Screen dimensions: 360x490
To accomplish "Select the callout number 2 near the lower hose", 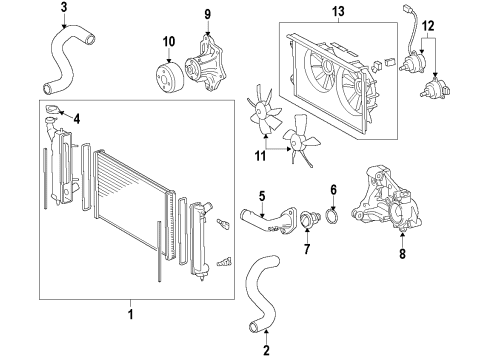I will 267,348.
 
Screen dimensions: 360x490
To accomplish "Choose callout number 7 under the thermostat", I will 307,247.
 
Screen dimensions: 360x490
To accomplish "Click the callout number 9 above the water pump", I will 208,14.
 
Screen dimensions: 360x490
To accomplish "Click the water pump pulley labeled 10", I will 164,73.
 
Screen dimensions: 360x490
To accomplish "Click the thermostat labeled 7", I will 307,220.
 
